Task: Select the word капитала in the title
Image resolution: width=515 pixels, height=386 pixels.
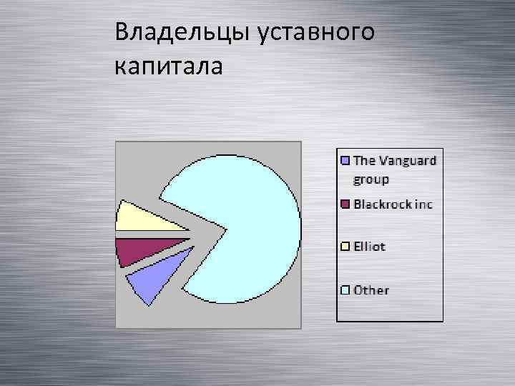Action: [168, 67]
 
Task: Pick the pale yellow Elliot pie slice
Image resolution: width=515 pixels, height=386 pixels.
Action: [147, 219]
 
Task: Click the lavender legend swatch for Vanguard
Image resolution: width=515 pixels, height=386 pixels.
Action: [345, 161]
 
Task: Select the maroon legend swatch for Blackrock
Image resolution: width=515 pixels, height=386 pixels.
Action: [345, 204]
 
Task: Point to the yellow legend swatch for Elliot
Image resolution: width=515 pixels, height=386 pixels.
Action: [345, 247]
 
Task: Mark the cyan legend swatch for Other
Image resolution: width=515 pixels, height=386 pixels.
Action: [345, 290]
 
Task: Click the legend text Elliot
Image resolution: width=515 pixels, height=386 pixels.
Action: [369, 247]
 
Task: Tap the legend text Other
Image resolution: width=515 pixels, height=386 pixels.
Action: [371, 290]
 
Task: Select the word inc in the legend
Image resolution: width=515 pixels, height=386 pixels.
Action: [423, 204]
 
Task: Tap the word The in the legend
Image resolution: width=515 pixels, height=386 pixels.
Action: [364, 161]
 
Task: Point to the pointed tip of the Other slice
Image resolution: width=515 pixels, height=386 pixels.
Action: [227, 229]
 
